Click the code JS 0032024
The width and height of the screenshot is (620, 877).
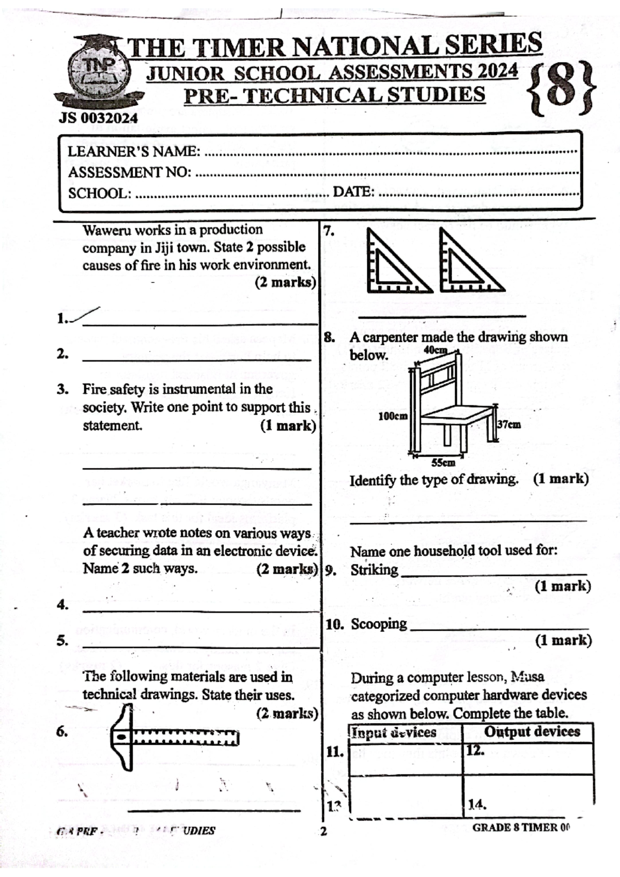98,118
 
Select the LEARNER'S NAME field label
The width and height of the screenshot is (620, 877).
134,151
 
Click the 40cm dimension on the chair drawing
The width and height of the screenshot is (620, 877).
435,350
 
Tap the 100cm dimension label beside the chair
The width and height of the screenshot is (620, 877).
393,416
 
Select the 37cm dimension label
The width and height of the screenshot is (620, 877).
509,425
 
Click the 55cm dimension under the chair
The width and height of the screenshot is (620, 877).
443,462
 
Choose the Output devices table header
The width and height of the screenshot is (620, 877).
532,731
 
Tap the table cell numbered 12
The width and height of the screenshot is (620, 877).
527,758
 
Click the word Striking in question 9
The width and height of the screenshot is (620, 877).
374,570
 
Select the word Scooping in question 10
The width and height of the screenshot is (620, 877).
379,624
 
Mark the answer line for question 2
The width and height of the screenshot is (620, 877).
196,358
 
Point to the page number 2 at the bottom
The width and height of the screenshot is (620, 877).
324,832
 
